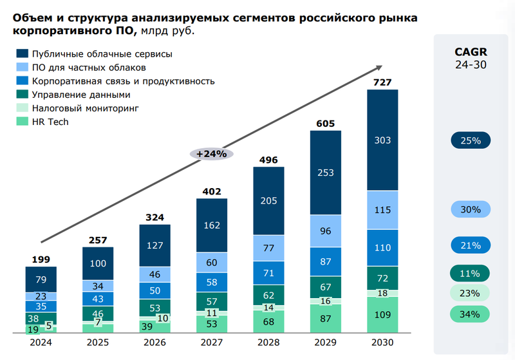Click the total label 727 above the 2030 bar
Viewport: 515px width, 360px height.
coord(382,82)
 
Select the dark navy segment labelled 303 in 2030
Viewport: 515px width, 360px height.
coord(382,140)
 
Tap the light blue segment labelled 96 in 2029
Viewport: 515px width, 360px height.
coord(325,231)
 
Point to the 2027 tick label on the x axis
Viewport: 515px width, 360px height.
coord(211,343)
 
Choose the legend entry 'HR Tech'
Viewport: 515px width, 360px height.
coord(50,122)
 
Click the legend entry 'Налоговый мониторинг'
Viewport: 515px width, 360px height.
coord(85,108)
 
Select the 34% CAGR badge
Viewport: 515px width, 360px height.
coord(470,314)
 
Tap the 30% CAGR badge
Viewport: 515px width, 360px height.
coord(470,209)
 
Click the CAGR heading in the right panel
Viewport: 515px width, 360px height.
coord(471,52)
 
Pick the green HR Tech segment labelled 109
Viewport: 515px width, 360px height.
coord(382,315)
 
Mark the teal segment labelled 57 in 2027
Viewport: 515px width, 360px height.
coord(211,301)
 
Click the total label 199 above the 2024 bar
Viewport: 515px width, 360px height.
coord(41,259)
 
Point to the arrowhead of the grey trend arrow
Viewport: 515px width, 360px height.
coord(380,66)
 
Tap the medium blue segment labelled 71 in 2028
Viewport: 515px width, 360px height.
coord(268,272)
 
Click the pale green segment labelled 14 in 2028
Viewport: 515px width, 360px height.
coord(268,308)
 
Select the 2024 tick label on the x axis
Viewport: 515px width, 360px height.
coord(41,343)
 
